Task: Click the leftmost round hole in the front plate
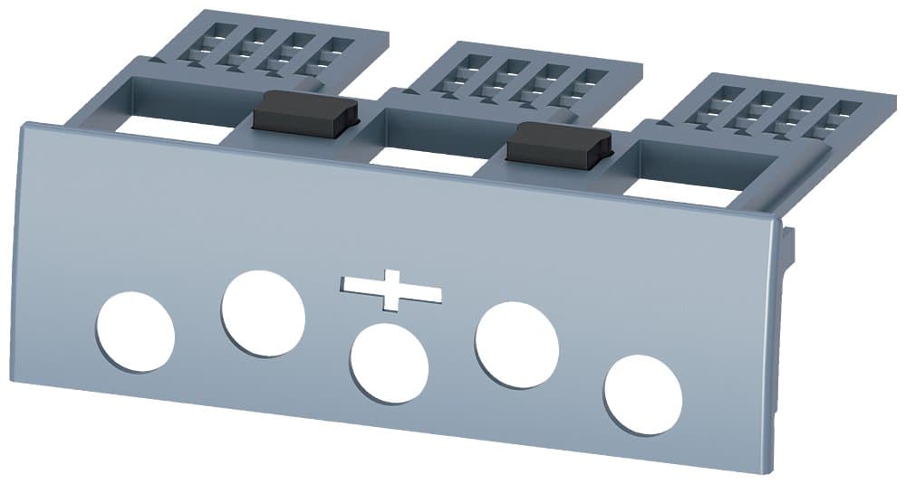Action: [x=135, y=331]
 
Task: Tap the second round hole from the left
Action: [x=263, y=313]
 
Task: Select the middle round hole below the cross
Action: [x=389, y=364]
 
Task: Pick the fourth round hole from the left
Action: [x=516, y=346]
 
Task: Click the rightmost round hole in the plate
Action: [x=643, y=394]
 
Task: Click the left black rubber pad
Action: [x=304, y=114]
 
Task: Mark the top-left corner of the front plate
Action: [x=22, y=125]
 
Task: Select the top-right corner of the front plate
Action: [x=777, y=217]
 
